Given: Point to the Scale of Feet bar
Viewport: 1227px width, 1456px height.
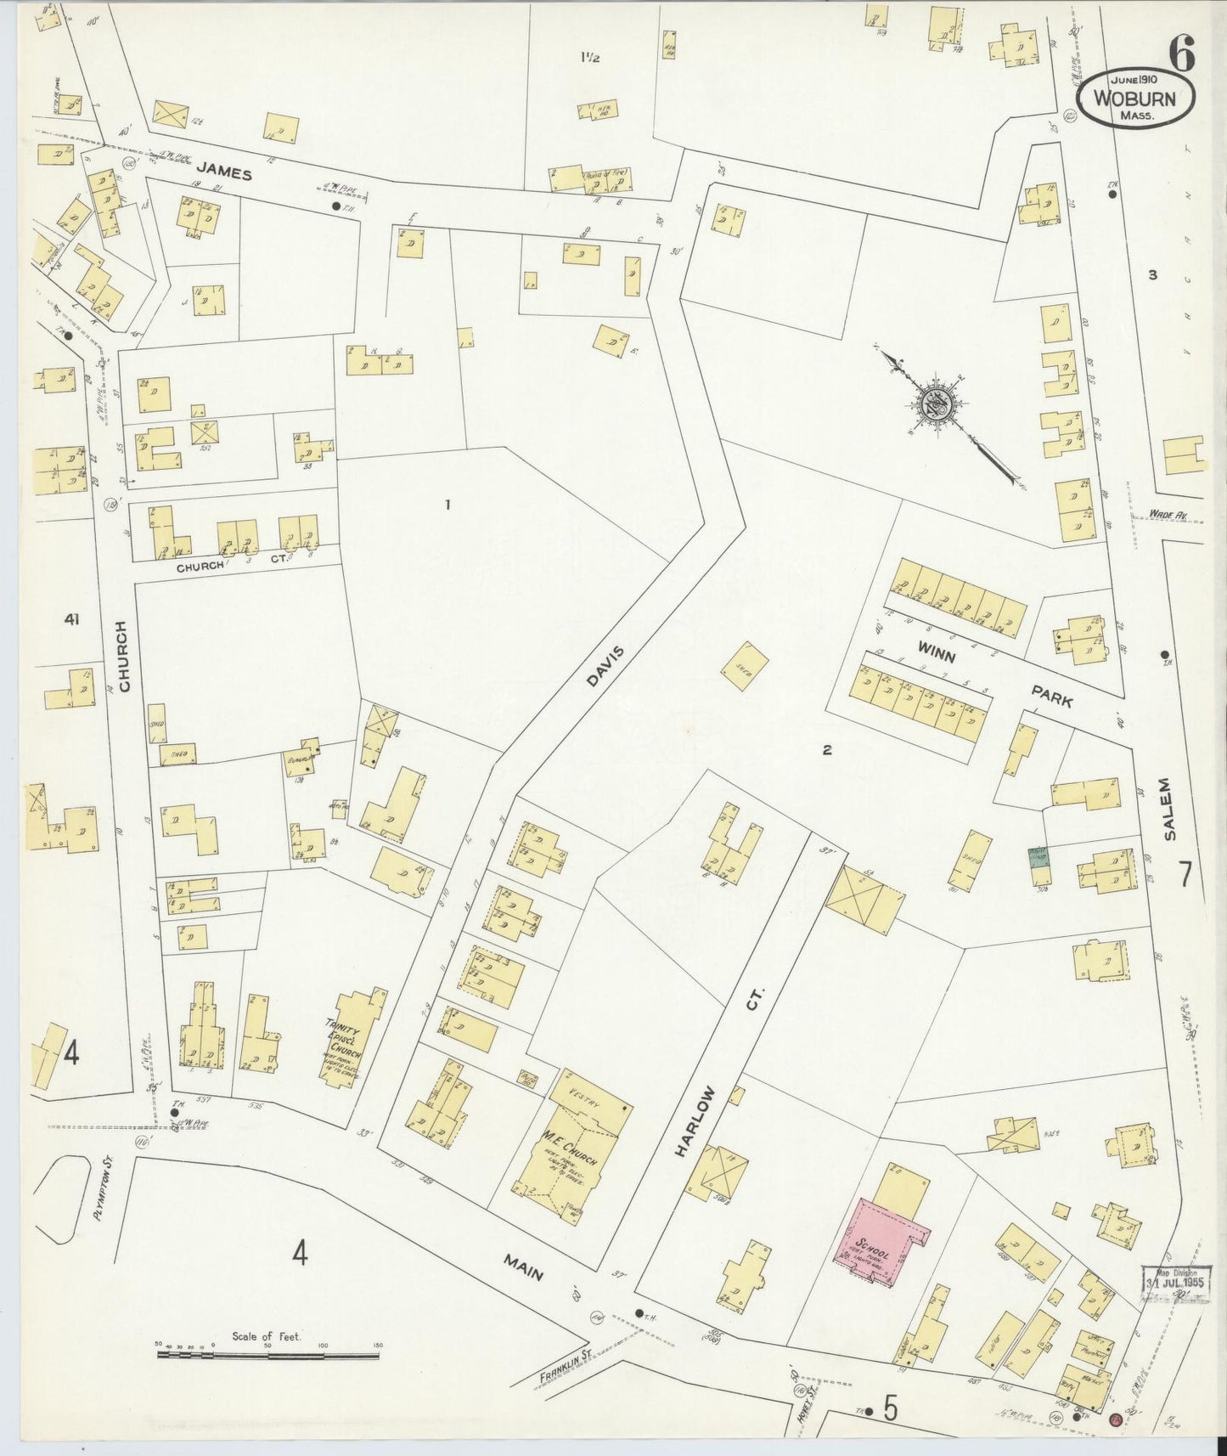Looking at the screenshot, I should pyautogui.click(x=268, y=1353).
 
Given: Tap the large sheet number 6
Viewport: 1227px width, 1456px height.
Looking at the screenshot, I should pyautogui.click(x=1181, y=56).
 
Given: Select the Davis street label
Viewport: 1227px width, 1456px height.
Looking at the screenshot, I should pyautogui.click(x=604, y=665).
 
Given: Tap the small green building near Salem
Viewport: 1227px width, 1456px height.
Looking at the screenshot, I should pyautogui.click(x=1036, y=857).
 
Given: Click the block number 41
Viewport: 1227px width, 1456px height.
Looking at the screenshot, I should pyautogui.click(x=71, y=621).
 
